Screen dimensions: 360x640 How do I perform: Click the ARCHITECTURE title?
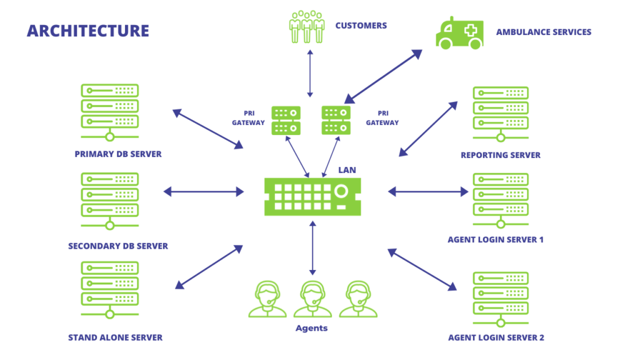tap(88, 31)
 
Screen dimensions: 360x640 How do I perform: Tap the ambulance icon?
tap(459, 32)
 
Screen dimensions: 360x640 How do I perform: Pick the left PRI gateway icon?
tap(286, 120)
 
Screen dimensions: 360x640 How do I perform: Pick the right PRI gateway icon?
tap(336, 120)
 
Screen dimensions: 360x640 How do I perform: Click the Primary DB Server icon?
tap(109, 113)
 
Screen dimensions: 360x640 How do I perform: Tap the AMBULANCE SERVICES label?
tap(543, 32)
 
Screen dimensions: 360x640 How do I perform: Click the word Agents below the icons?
tap(311, 328)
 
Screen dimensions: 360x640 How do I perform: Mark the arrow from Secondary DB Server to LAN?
tap(203, 192)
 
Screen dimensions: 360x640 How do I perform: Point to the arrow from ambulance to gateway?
tap(383, 76)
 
